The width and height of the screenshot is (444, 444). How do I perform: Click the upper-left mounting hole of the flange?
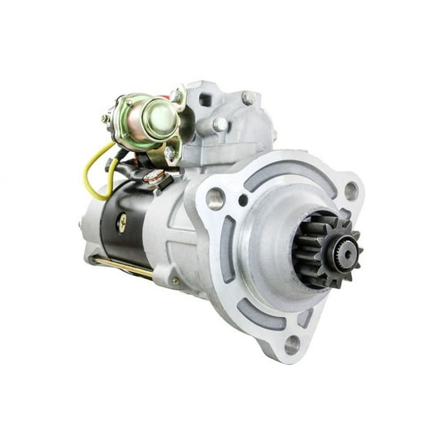coord(215,198)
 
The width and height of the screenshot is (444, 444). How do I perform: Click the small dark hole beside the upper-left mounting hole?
coord(243,202)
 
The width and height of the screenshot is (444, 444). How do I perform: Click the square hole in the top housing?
coord(206,99)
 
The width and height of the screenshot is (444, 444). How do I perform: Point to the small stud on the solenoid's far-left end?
coord(105,119)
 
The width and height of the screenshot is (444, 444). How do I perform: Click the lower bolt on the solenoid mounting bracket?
coord(170,153)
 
